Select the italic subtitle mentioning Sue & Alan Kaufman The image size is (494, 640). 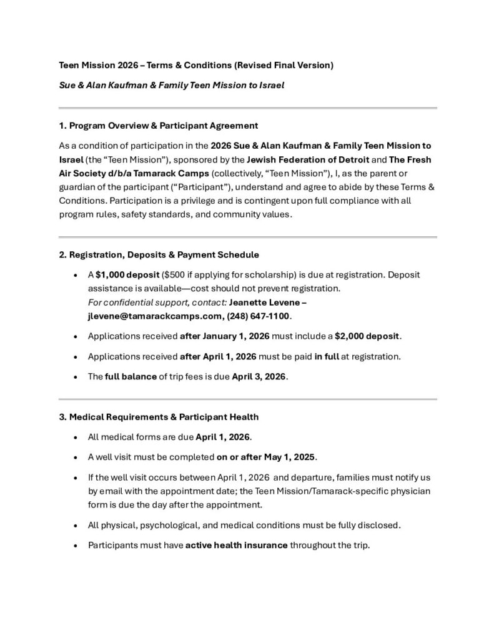click(x=171, y=85)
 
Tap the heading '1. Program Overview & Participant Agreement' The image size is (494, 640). click(x=158, y=126)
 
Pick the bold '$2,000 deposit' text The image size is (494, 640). click(x=367, y=336)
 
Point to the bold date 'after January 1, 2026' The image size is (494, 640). click(x=224, y=336)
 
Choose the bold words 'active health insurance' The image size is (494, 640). click(x=237, y=545)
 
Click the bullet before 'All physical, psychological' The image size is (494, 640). click(x=75, y=526)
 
